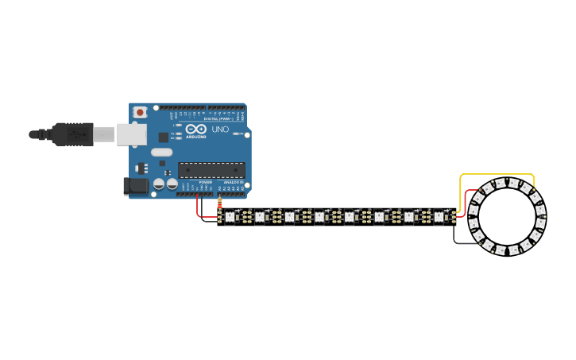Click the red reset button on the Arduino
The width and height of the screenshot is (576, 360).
point(140,113)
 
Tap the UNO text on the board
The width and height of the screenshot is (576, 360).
point(220,129)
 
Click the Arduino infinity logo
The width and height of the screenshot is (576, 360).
point(197,129)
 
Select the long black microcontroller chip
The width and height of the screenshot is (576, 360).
point(211,169)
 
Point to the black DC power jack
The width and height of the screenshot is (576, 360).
point(137,186)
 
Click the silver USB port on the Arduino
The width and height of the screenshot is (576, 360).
point(131,134)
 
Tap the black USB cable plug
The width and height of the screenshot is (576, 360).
point(72,134)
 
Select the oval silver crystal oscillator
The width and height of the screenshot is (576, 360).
point(161,152)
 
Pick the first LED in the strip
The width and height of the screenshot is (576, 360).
point(230,216)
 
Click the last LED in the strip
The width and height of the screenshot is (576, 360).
point(439,216)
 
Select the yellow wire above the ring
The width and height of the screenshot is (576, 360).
point(497,174)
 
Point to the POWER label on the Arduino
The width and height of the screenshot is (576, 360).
point(205,182)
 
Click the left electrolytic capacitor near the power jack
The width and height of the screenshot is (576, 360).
point(159,184)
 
